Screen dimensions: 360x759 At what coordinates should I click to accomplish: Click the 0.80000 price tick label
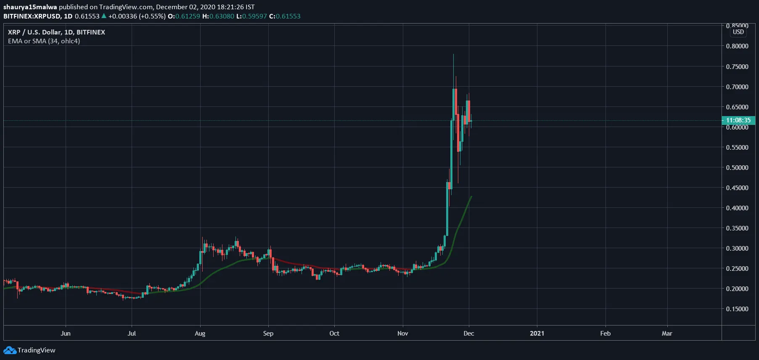[x=737, y=46]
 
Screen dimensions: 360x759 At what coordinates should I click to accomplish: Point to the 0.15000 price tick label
[x=737, y=309]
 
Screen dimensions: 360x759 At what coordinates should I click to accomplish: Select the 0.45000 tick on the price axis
[x=737, y=188]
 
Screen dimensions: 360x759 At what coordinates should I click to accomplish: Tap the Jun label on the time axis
[x=66, y=333]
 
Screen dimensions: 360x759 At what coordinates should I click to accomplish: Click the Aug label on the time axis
[x=200, y=333]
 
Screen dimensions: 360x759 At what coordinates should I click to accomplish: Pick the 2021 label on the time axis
[x=537, y=333]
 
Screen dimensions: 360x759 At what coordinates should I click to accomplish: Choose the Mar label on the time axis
[x=667, y=333]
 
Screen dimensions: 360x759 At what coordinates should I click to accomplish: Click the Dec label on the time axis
[x=469, y=333]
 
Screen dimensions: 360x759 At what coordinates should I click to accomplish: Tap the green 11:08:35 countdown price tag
[x=738, y=120]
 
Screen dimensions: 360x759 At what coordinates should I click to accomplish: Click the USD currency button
[x=738, y=32]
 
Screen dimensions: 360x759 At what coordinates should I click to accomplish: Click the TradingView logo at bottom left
[x=29, y=350]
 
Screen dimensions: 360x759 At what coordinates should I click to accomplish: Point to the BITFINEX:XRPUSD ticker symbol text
[x=32, y=16]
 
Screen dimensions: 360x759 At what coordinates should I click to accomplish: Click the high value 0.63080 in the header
[x=222, y=16]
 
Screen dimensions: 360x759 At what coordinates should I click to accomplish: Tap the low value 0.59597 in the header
[x=254, y=16]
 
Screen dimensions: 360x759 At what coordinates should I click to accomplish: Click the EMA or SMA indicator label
[x=44, y=41]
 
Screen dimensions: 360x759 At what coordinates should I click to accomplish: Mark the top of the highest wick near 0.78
[x=453, y=54]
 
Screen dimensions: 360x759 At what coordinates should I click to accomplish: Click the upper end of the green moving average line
[x=471, y=196]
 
